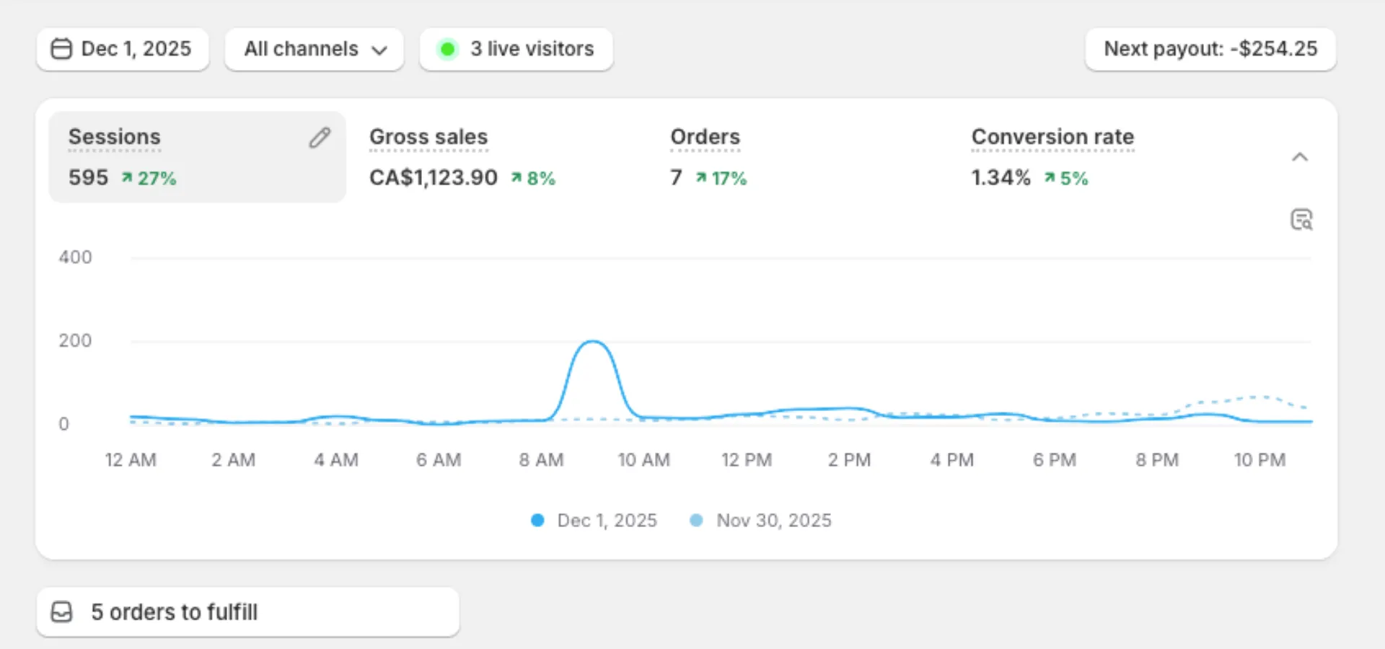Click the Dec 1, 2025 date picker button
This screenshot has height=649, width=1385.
[x=123, y=49]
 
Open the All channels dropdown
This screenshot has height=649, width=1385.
[x=314, y=49]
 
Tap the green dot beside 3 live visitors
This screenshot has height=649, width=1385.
[x=447, y=49]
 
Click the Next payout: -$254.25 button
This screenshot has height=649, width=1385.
[x=1210, y=49]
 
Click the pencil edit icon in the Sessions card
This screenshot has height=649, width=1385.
[x=320, y=137]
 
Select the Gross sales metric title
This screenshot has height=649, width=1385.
[x=428, y=137]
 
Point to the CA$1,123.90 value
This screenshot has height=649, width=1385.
[x=433, y=177]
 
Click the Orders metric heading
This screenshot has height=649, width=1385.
[x=705, y=137]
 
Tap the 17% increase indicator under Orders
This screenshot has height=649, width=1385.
[x=721, y=178]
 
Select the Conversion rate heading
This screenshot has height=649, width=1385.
[x=1052, y=137]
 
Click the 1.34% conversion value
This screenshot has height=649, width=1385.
[x=1001, y=177]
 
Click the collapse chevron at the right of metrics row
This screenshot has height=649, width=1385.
[x=1299, y=157]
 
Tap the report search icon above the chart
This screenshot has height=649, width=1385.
[x=1301, y=219]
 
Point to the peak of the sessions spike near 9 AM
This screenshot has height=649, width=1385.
[x=592, y=342]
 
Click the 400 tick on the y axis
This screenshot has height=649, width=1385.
[x=75, y=257]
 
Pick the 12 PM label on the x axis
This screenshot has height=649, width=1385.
[x=747, y=460]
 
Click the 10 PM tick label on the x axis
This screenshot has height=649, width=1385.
[x=1259, y=460]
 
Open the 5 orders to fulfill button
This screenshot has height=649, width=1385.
[x=247, y=612]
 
